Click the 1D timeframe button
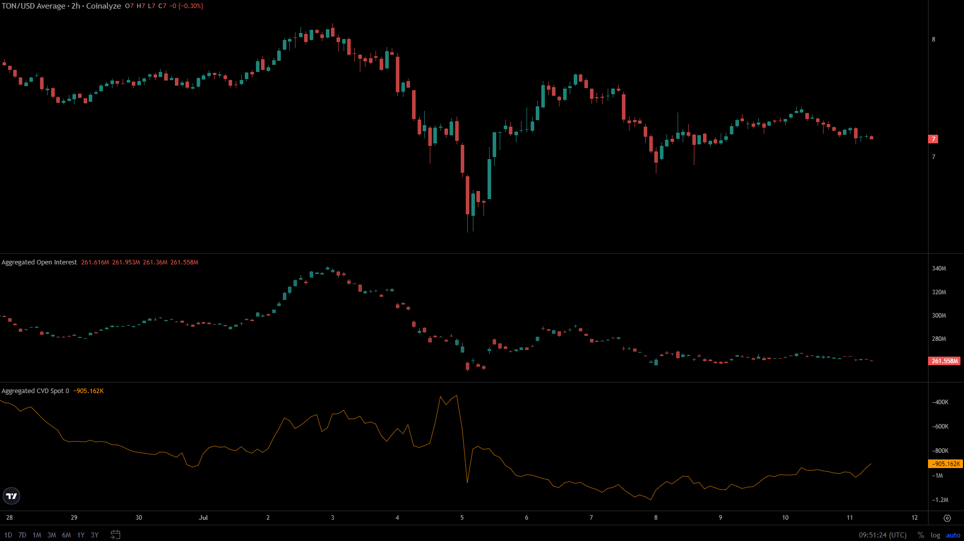click(8, 535)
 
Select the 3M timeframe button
click(52, 535)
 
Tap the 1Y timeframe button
click(81, 535)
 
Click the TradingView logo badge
click(11, 496)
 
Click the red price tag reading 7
click(934, 139)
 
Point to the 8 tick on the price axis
click(934, 40)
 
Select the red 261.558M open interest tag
click(945, 361)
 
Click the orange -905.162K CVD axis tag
click(945, 464)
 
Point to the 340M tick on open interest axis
click(939, 268)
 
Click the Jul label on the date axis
click(203, 518)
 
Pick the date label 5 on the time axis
click(462, 518)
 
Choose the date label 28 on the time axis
click(10, 518)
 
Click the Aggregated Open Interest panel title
click(39, 262)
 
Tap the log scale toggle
click(935, 535)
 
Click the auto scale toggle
click(953, 535)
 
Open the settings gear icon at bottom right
click(947, 518)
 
